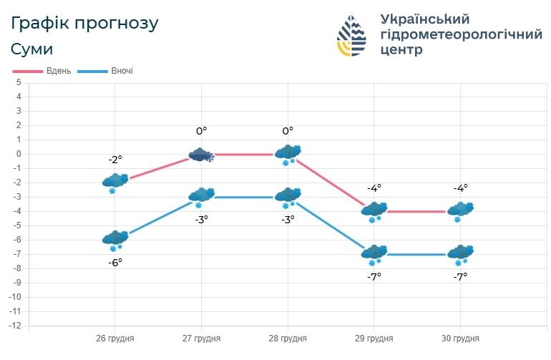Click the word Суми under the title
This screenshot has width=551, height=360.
coord(32,49)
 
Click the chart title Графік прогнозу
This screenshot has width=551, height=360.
coord(84,23)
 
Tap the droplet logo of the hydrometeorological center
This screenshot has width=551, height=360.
coord(354,35)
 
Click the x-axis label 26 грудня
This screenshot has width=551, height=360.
coord(115,339)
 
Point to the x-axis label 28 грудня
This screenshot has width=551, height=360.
coord(288,339)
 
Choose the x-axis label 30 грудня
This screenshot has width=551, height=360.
coord(459,339)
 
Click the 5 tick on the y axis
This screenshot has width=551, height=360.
coord(19,82)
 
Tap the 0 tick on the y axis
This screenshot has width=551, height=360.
coord(19,154)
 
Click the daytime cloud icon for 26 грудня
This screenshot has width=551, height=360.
coord(115,181)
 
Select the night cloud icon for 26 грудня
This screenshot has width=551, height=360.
coord(115,238)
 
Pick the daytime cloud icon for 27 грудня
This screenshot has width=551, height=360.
coord(202,155)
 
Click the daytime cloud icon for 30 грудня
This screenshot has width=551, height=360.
coord(459,210)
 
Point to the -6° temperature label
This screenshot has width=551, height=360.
coord(115,263)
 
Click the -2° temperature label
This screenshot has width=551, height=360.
coord(115,160)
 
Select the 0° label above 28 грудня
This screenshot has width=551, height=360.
coord(288,131)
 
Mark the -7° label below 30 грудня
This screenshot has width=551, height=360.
coord(459,276)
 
